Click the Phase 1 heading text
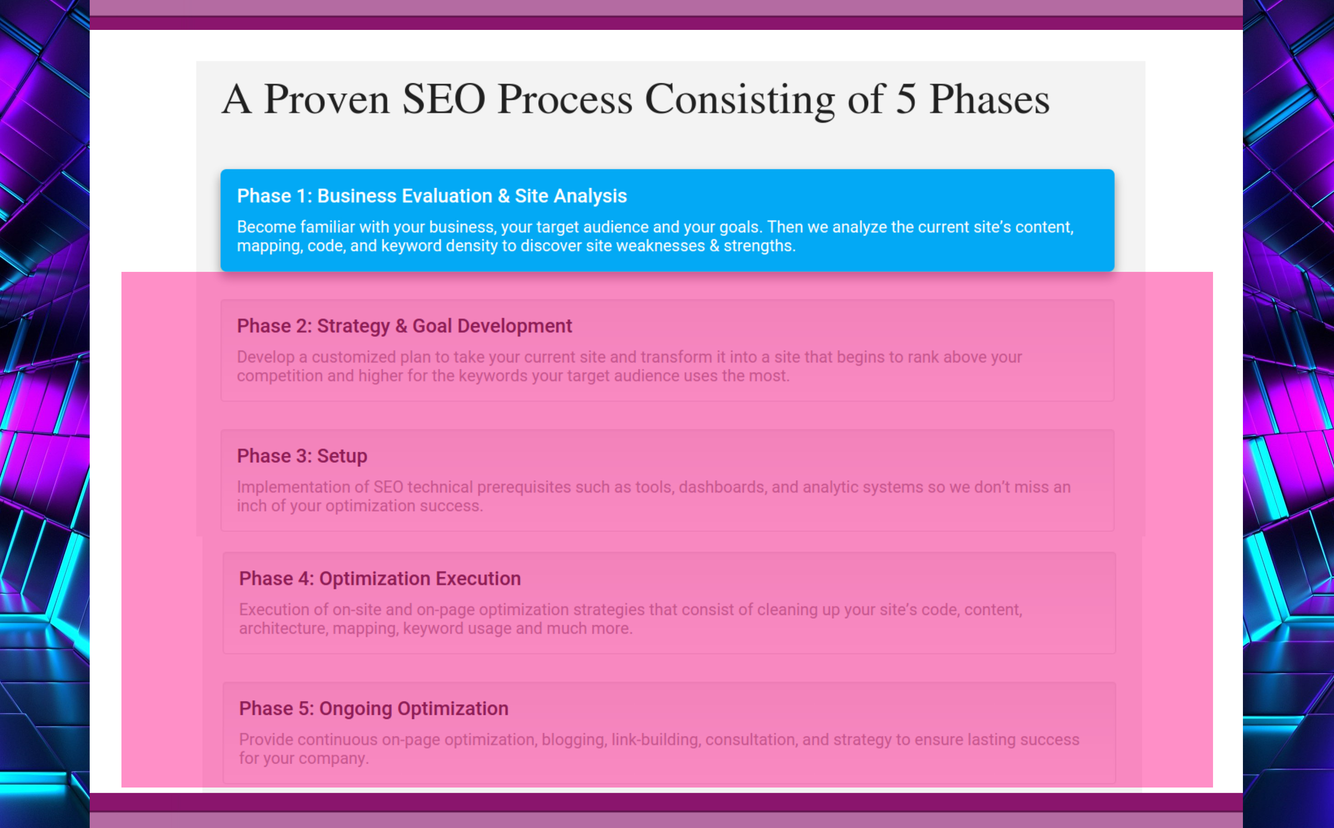[431, 195]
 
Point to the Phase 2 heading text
[404, 326]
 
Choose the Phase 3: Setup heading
[302, 455]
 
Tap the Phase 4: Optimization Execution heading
[379, 578]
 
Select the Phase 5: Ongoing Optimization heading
[374, 708]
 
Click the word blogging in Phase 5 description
[573, 739]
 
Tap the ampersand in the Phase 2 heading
[402, 326]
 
